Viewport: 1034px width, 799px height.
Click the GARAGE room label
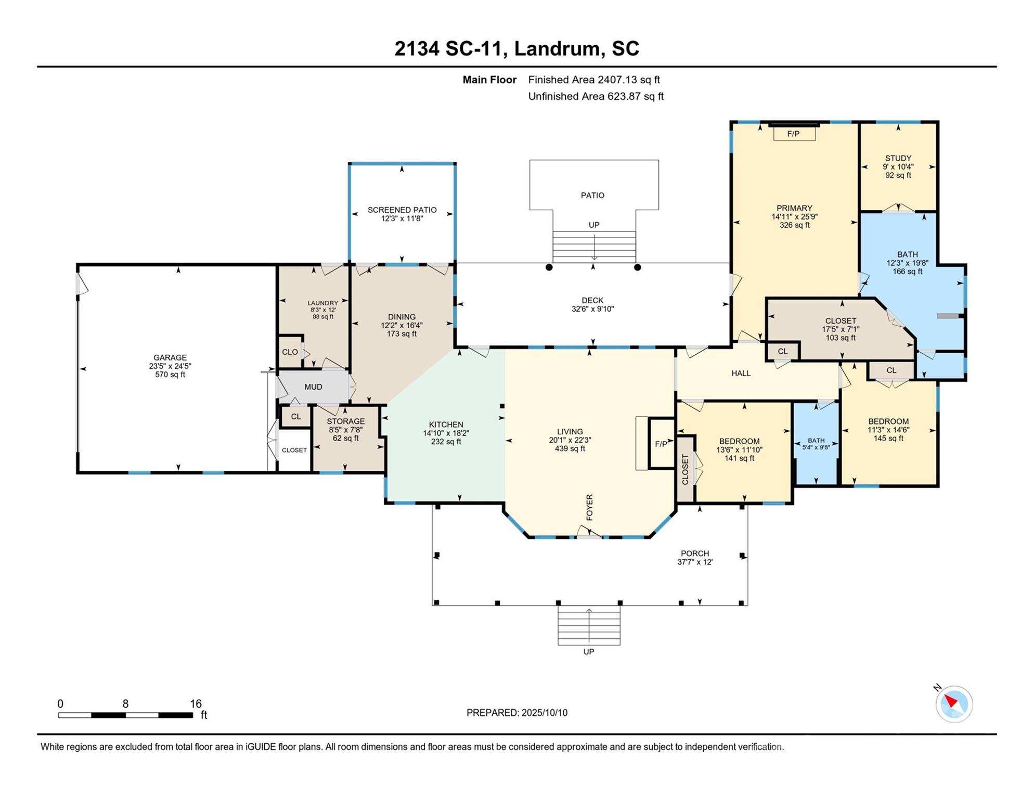pos(170,357)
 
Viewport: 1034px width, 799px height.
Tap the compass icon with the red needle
pos(954,704)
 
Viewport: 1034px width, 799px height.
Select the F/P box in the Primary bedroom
pos(794,134)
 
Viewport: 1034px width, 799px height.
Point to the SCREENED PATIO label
pos(402,210)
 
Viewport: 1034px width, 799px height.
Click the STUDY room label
pos(898,158)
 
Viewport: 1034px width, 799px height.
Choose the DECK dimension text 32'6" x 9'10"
pos(592,309)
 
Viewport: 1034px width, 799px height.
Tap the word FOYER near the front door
pos(589,507)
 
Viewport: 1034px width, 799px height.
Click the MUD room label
pos(313,387)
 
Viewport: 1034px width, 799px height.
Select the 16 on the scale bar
pos(196,704)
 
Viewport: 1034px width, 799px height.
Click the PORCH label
pos(695,553)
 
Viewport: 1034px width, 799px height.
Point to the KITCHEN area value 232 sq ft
pos(446,442)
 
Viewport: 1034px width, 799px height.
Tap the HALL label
pos(741,373)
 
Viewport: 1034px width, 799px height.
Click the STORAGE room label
pos(346,421)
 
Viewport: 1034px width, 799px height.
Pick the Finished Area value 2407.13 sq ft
pos(629,80)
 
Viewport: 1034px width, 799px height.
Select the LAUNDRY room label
pos(323,303)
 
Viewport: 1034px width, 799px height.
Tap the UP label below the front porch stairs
pos(589,652)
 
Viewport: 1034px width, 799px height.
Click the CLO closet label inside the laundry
pos(290,352)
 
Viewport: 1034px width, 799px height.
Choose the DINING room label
pos(402,317)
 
